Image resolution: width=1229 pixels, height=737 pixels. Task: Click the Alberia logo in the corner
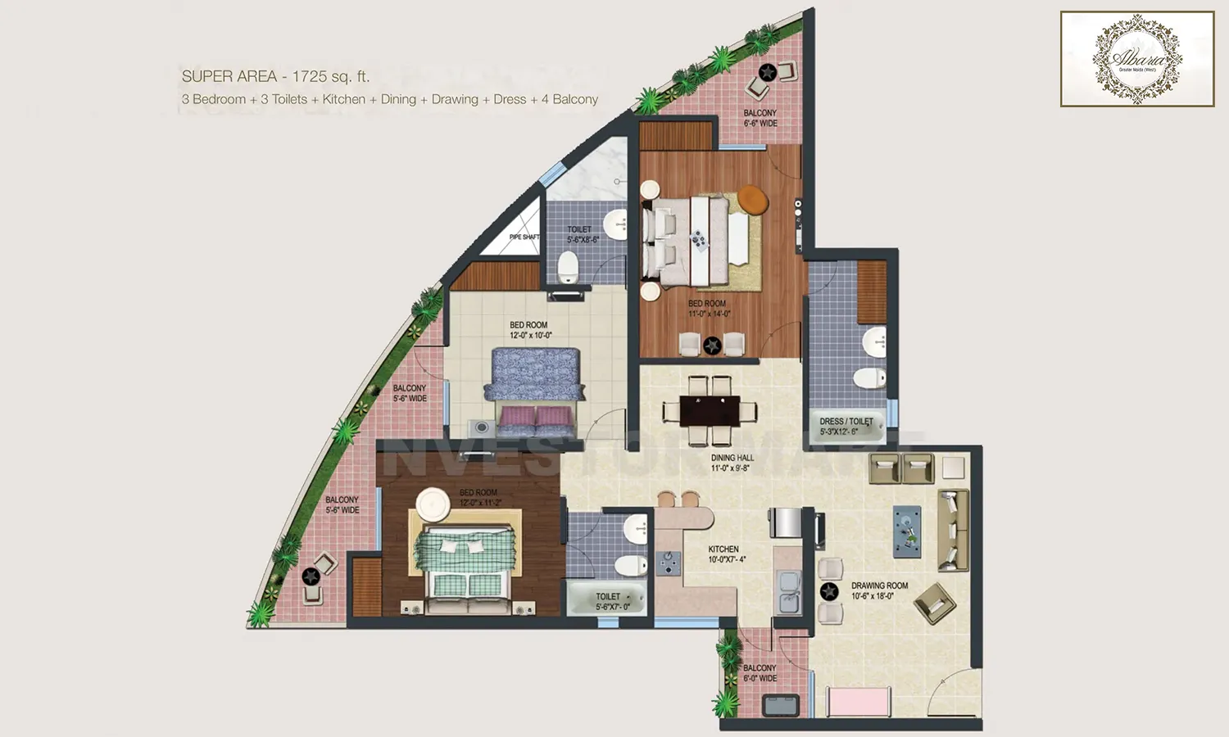click(x=1137, y=59)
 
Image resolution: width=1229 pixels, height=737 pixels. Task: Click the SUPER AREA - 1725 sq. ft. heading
click(x=275, y=76)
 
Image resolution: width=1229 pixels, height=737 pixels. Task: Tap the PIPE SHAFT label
click(x=524, y=237)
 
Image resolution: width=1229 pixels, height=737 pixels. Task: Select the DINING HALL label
click(x=732, y=463)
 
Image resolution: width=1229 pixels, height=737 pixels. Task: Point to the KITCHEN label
click(x=725, y=554)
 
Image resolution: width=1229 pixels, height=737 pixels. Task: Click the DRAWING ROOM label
click(x=878, y=590)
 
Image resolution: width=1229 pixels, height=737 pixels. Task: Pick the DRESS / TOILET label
click(x=846, y=426)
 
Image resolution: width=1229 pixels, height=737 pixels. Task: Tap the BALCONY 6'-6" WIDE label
click(x=760, y=118)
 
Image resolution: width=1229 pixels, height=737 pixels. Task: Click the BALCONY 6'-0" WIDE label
click(x=760, y=673)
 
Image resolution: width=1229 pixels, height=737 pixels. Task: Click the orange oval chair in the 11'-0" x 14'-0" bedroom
click(x=753, y=199)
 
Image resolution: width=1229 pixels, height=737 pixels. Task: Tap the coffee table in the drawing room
click(x=907, y=531)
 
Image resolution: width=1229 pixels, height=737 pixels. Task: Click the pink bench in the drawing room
click(x=858, y=703)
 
